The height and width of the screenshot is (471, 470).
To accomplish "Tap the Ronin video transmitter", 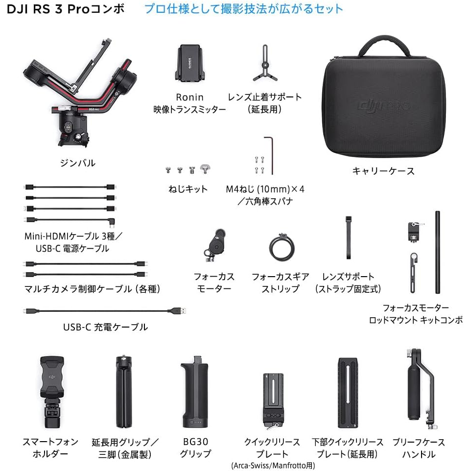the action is point(190,63).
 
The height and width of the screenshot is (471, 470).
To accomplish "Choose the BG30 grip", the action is point(194,393).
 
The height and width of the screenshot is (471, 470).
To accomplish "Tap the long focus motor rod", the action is point(438,252).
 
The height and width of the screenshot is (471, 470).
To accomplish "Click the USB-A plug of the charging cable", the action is point(181,310).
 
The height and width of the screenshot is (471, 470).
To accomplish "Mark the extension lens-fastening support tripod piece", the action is point(265,63).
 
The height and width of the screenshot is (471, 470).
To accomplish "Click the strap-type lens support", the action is point(349,237).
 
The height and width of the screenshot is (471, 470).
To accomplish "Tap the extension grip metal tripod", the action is point(124,392).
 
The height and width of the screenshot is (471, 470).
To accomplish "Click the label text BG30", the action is point(195,442).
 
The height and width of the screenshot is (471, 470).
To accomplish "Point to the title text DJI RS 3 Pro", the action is point(48,9).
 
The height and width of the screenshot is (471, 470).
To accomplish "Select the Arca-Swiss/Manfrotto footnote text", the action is point(273,465).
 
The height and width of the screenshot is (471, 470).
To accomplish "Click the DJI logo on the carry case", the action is point(371,106).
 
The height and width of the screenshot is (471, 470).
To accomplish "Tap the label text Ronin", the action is point(190,97).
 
